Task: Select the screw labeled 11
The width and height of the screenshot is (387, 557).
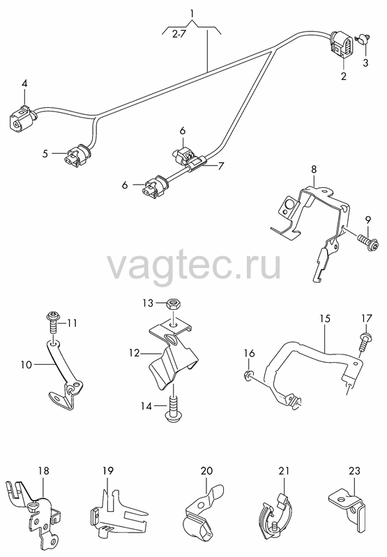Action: (52, 322)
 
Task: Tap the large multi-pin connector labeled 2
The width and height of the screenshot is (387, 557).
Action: (342, 45)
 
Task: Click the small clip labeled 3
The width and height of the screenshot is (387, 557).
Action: (363, 38)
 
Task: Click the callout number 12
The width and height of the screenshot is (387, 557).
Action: (135, 353)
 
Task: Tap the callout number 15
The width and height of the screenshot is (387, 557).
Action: (325, 318)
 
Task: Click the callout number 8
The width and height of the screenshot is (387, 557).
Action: (313, 169)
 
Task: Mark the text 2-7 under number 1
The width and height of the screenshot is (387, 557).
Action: (179, 34)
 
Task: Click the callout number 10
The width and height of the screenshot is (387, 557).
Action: (26, 364)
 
